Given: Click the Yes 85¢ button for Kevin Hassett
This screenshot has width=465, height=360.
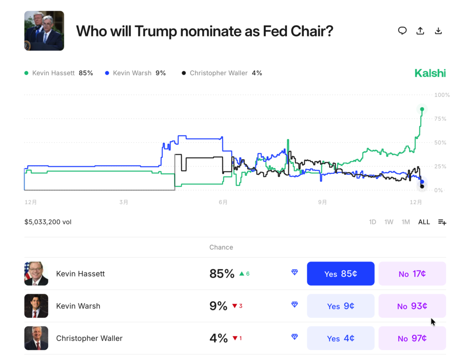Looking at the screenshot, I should coord(341,274).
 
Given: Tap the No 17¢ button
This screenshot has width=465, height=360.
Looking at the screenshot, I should coord(412,274).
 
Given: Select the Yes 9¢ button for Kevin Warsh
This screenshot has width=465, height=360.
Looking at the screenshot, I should coord(341,306).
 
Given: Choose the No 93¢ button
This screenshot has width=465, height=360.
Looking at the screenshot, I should coord(412,306).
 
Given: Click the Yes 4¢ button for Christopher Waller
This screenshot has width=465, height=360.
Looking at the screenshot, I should coord(341,338).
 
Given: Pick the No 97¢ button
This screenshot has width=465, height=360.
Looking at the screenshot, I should coord(412,338).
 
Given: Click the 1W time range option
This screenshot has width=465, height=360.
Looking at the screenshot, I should coord(389,222).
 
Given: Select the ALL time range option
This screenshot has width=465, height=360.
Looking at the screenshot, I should coord(424,222).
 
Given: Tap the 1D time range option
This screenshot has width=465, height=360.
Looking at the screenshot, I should coord(372,222).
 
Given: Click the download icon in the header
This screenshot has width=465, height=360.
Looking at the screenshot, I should coord(438,31).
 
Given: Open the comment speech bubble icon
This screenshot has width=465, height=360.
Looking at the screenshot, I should coord(402,31).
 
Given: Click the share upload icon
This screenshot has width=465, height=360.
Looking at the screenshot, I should coord(420,31).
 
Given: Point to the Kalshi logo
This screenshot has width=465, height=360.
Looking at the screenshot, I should coord(430,73).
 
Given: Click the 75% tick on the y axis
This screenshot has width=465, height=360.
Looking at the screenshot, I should coord(440,119).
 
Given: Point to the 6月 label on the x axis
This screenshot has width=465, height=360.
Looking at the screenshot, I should coord(223,202).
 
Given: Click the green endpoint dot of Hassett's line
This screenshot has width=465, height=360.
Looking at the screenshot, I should coord(422,109).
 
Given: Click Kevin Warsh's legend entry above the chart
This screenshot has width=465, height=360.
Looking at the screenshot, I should coord(135,73).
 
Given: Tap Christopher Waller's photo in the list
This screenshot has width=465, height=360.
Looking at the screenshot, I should coord(36,338).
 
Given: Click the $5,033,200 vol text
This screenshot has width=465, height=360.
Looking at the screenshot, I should coord(48,222).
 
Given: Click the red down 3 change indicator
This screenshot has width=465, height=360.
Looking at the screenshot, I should coord(237,306).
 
